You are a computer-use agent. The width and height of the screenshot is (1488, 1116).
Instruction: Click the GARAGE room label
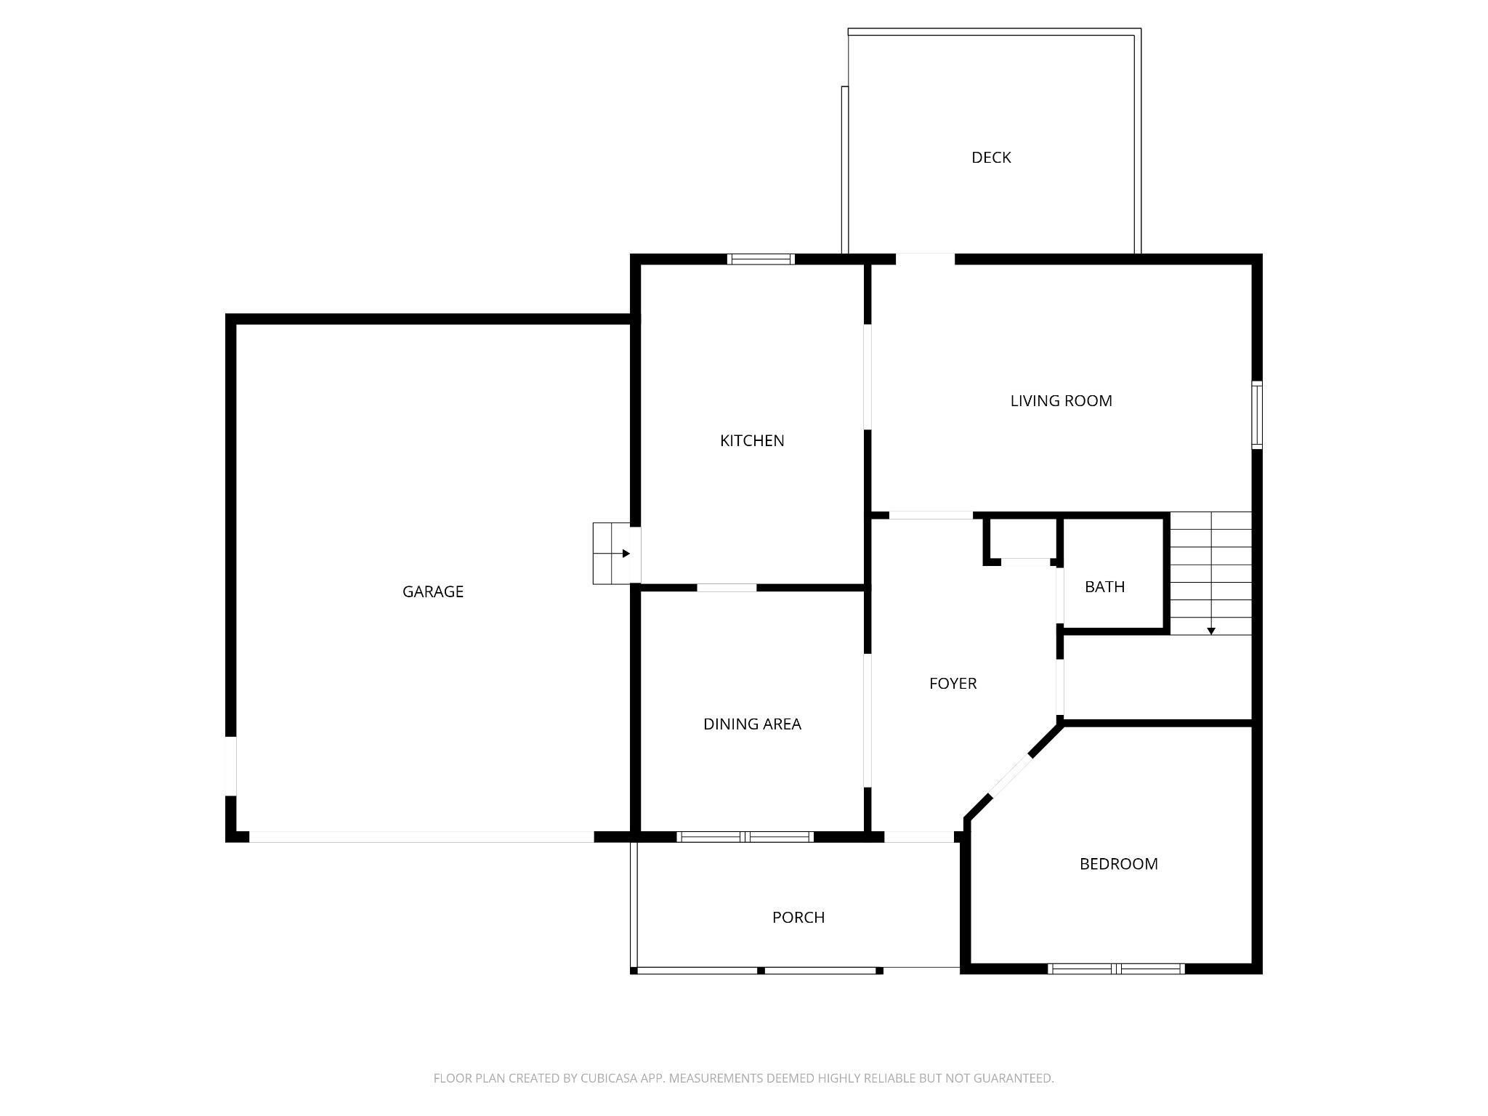432,591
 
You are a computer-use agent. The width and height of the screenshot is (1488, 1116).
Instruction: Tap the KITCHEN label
751,440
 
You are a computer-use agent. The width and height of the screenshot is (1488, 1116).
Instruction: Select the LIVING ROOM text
1061,400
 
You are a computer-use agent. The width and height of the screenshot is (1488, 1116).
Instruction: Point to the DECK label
991,158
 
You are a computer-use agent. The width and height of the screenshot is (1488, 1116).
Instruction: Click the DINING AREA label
752,724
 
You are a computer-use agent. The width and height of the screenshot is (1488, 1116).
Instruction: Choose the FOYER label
953,683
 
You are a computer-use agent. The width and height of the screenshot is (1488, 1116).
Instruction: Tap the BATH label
1104,586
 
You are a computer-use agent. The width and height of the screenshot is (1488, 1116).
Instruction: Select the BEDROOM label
1118,864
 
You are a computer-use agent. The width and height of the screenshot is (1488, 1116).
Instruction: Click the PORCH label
798,918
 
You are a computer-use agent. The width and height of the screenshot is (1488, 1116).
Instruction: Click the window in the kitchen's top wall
761,259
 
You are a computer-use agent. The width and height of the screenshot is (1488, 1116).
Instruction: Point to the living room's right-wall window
1256,414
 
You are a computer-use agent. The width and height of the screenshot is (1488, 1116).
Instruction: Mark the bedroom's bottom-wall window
1116,969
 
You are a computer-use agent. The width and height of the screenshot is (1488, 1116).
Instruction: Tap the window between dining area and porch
745,837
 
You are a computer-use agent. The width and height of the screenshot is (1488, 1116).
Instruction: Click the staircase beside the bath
1210,573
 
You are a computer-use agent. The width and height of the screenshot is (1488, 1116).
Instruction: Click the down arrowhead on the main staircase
1211,631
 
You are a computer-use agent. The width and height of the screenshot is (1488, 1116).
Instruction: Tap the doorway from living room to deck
925,259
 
